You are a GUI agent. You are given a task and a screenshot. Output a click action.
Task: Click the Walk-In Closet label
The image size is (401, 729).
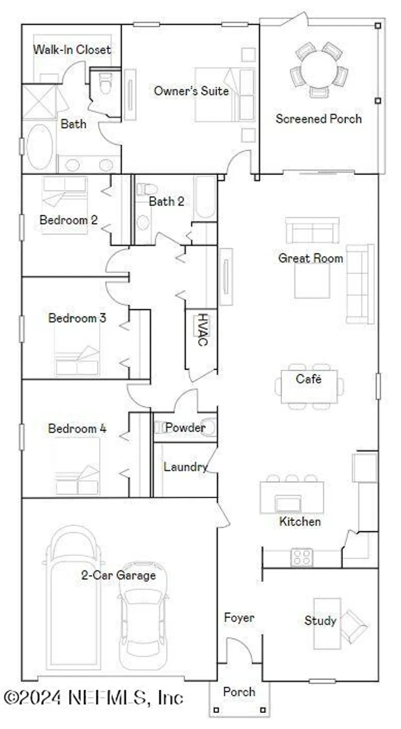pos(72,50)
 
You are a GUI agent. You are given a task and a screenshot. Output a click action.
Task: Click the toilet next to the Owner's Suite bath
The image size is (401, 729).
pos(105,84)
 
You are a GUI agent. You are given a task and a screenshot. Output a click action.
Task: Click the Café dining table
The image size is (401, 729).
pos(309,387)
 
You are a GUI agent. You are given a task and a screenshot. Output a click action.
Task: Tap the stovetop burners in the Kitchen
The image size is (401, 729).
pos(302,557)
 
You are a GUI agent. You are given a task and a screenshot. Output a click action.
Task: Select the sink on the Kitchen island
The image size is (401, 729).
pos(288,503)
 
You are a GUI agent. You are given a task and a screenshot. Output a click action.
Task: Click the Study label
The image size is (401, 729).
pos(320,621)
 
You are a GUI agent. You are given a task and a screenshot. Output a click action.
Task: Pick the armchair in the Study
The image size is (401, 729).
pos(353,626)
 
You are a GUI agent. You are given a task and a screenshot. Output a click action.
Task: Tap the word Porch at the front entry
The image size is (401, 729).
pos(239,692)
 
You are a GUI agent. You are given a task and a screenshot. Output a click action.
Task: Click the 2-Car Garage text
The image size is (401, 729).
pos(118,575)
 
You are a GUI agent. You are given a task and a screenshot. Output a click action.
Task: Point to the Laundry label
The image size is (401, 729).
pos(185,467)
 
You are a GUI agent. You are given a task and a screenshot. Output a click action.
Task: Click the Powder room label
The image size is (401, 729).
pos(185,428)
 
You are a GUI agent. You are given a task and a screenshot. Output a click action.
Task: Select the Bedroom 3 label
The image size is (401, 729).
pos(77,318)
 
